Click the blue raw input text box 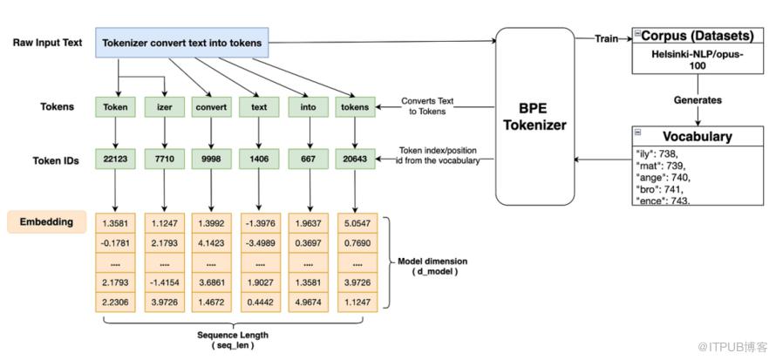tap(183, 41)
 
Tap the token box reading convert tap(212, 109)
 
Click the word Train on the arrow tap(608, 37)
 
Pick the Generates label tap(698, 100)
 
